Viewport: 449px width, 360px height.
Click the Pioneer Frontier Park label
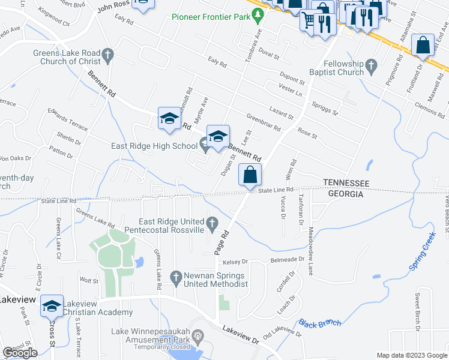[210, 17]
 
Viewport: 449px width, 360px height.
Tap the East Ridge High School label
[154, 146]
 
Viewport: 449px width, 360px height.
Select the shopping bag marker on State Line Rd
[250, 175]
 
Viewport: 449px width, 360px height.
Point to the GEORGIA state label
[345, 194]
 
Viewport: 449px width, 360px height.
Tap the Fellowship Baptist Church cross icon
[371, 65]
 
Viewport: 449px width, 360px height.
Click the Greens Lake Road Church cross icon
[108, 56]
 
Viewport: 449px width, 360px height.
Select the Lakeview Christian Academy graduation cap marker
[52, 307]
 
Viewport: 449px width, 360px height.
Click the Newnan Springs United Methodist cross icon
[175, 277]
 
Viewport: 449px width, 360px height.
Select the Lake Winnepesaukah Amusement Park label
[150, 335]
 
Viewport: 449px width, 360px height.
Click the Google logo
[20, 353]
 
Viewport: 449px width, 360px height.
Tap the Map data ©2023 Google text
[411, 355]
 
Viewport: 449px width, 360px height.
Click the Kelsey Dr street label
[235, 262]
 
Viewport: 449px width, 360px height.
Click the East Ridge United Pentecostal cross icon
[211, 224]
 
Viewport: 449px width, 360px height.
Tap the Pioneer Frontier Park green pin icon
[258, 14]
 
